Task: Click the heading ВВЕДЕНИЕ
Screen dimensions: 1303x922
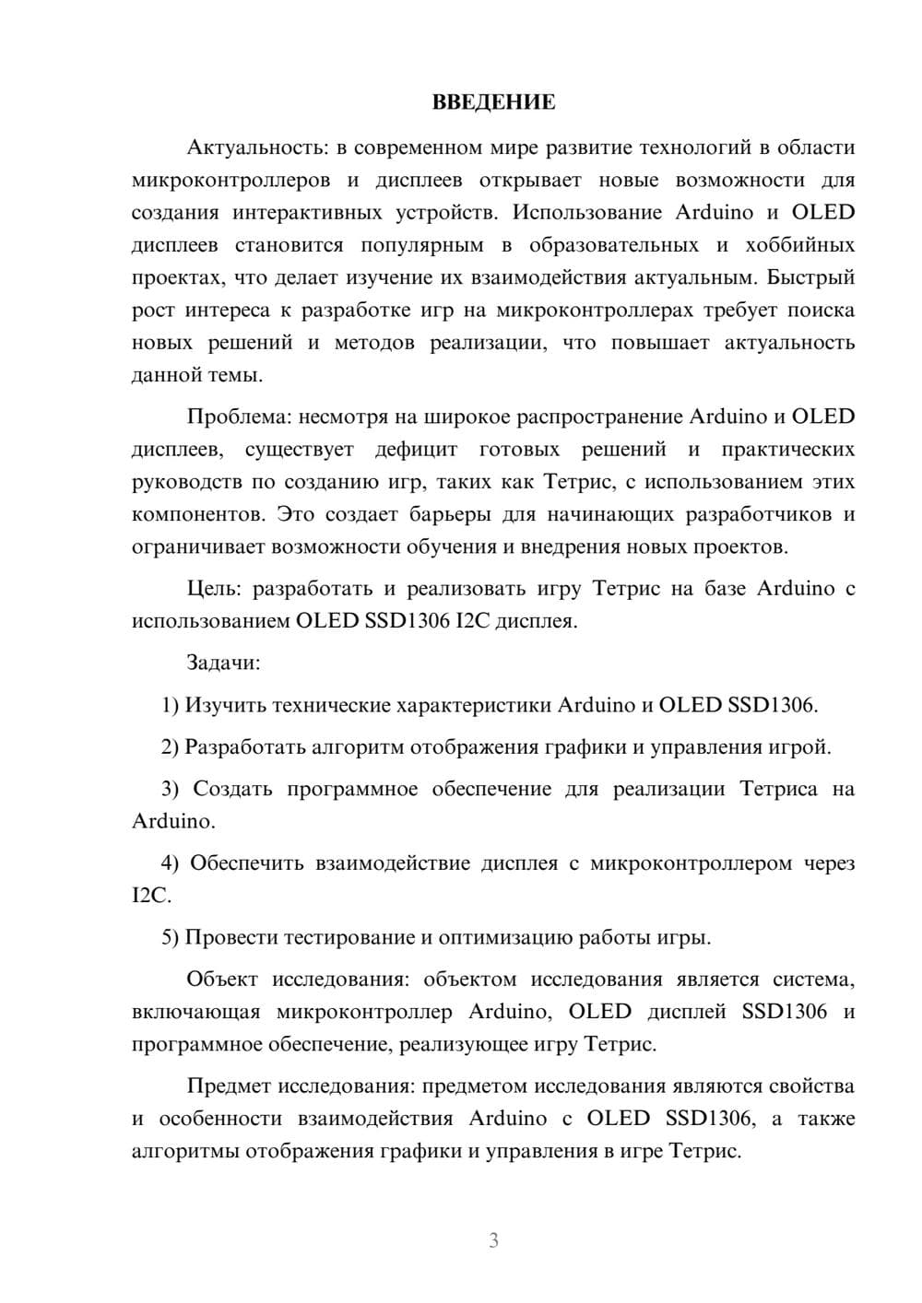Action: click(493, 102)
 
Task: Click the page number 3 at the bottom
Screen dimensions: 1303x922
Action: click(493, 1240)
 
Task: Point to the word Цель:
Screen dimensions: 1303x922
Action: click(215, 589)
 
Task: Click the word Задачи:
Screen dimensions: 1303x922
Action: click(223, 663)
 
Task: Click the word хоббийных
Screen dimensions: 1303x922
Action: click(798, 245)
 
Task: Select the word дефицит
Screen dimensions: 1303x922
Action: click(416, 450)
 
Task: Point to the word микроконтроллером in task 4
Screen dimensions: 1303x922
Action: click(691, 863)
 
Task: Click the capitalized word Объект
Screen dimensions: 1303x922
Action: click(221, 980)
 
